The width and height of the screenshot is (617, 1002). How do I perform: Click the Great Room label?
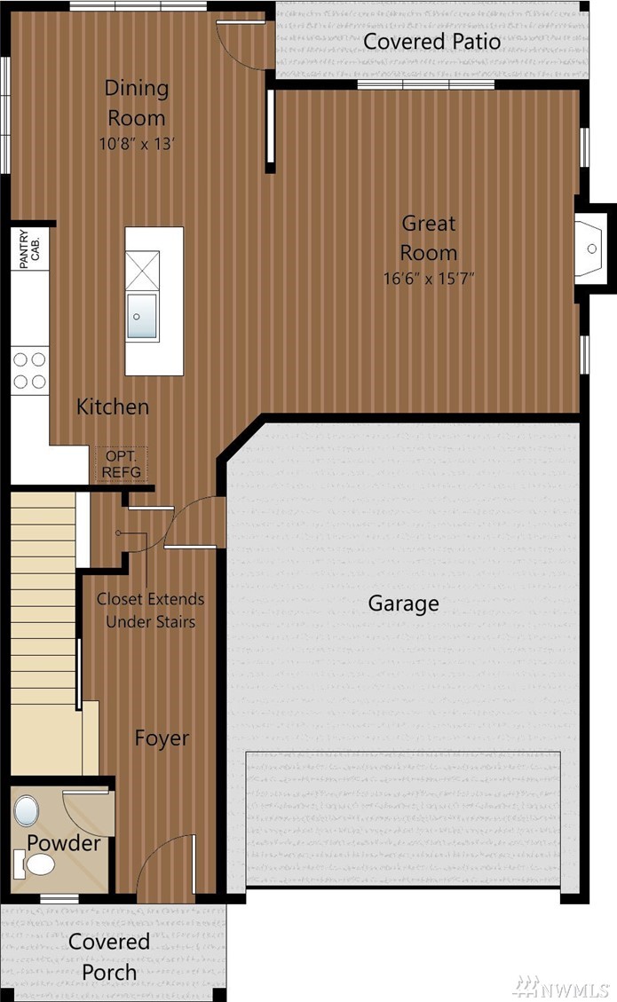pos(429,238)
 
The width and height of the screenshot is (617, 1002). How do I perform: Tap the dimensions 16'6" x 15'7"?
pos(429,279)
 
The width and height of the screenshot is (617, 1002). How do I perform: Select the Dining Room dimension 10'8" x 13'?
pos(136,144)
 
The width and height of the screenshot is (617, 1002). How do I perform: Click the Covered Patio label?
pos(431,42)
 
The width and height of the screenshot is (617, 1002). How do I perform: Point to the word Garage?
pos(403,604)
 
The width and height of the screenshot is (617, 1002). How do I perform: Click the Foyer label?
pos(162,738)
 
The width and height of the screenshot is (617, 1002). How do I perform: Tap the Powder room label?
pos(63,843)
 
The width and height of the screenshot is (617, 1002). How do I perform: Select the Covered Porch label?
pos(109,957)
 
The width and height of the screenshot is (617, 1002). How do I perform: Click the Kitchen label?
pos(113,406)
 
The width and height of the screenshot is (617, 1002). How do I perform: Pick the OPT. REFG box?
pos(121,464)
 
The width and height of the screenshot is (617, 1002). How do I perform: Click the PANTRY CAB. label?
pos(30,249)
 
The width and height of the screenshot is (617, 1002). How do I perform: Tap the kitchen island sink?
pos(141,316)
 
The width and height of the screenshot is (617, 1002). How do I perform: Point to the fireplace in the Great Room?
pos(591,248)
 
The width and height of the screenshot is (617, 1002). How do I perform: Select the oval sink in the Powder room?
pos(27,811)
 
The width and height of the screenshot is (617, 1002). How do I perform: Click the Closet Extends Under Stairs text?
pos(150,611)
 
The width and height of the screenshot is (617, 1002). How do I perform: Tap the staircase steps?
pos(44,633)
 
